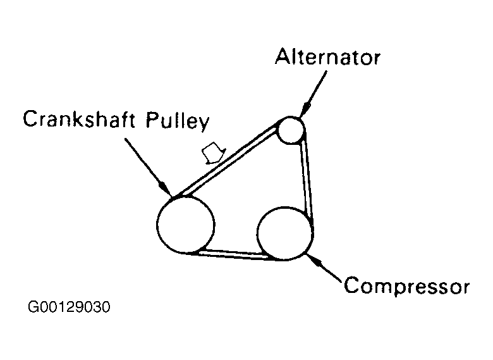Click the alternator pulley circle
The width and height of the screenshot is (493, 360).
(x=291, y=130)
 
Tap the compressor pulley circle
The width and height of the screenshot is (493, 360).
(x=285, y=232)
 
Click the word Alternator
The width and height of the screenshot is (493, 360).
(x=327, y=58)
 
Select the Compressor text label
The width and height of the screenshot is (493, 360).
(x=406, y=286)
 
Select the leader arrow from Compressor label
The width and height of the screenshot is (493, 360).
(x=325, y=268)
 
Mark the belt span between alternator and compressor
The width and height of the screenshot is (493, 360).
(x=307, y=177)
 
